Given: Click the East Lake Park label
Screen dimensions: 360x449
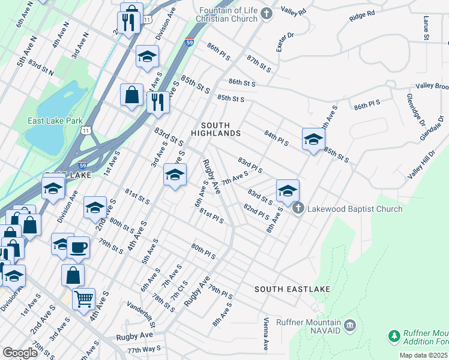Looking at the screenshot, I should [55, 121].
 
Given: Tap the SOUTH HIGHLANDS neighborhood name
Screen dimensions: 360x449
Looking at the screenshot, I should [216, 129].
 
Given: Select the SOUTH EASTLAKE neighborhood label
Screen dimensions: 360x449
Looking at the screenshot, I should [292, 289].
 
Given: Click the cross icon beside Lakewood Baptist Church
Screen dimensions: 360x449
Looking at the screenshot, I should [298, 209].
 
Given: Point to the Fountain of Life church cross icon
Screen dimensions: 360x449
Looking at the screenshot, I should [267, 13].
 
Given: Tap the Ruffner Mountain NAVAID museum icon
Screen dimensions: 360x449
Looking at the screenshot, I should [351, 326].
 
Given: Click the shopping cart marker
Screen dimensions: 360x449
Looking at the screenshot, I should [84, 297].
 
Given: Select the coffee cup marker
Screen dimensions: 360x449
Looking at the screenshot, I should [77, 246].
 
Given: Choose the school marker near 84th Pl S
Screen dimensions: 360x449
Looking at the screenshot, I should [313, 139].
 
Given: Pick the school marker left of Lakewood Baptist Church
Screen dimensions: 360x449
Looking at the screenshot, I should [288, 191].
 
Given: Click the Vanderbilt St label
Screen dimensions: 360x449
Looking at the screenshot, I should [145, 307].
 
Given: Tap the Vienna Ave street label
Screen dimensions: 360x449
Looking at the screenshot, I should [266, 335].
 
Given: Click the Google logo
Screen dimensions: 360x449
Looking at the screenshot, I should [19, 353].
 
